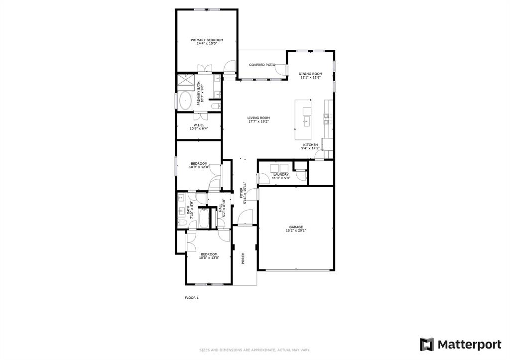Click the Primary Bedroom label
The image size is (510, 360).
[207, 40]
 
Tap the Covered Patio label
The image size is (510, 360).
[262, 65]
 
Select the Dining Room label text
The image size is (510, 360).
[311, 74]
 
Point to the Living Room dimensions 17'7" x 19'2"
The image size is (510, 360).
[258, 121]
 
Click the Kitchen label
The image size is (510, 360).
[311, 145]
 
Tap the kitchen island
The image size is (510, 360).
[303, 120]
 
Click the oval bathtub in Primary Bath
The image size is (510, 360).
[186, 101]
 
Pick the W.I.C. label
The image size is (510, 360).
[199, 125]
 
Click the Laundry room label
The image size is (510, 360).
[281, 175]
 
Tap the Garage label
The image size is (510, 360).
[296, 227]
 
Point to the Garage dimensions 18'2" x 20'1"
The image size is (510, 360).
[296, 231]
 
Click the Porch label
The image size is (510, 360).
[243, 258]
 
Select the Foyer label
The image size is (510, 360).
[241, 193]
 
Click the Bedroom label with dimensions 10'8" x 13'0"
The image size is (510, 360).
[209, 254]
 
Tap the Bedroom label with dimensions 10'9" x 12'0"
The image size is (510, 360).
[199, 164]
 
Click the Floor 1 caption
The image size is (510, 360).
[192, 298]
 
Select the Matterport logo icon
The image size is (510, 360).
[427, 345]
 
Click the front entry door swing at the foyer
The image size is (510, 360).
[245, 217]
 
